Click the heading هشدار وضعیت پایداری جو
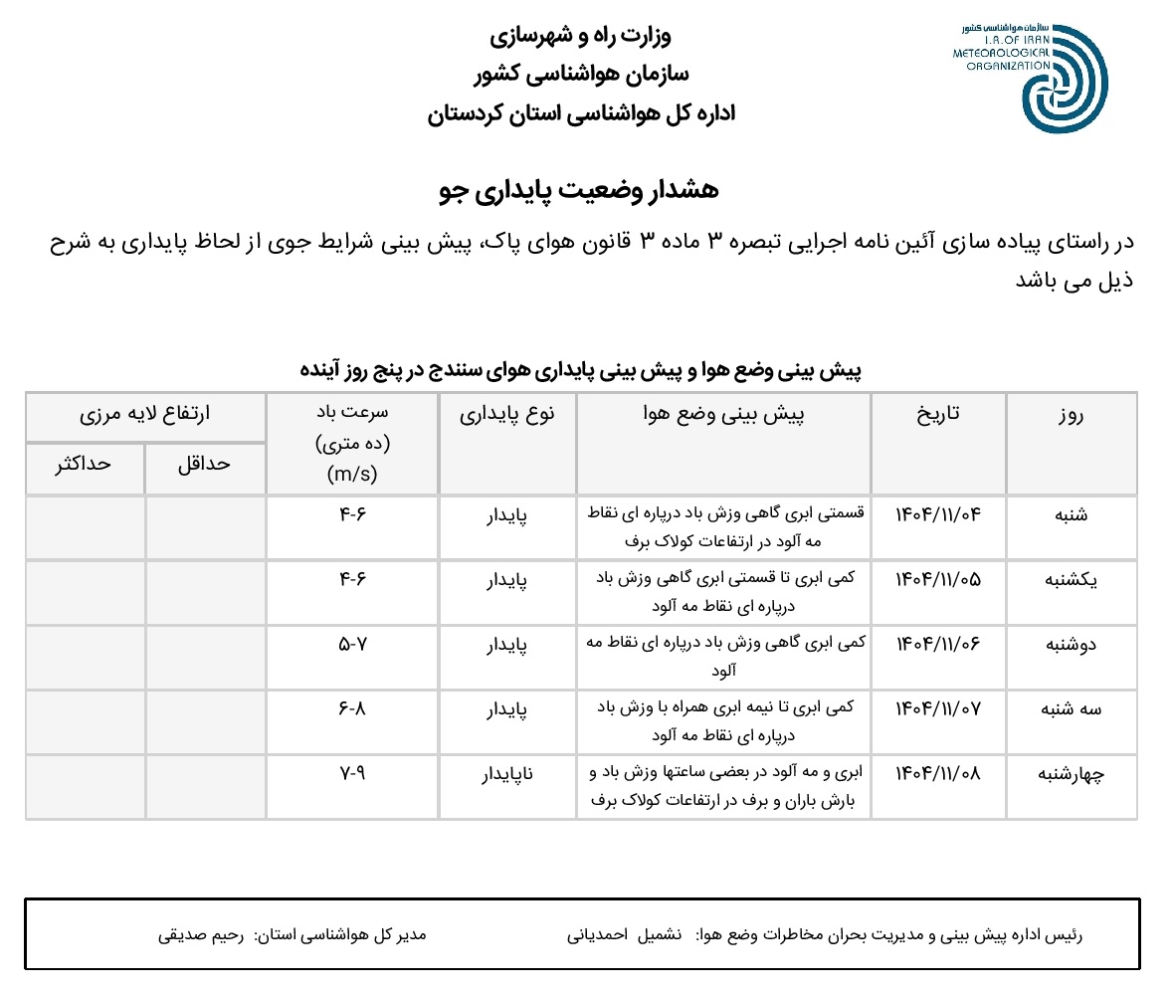tap(578, 190)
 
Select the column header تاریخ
tap(938, 414)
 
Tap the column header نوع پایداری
tap(506, 414)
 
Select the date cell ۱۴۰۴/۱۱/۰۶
tap(938, 644)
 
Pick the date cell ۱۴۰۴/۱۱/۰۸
tap(938, 773)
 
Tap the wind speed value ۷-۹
tap(352, 773)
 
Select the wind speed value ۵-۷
tap(352, 644)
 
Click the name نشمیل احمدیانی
tap(623, 935)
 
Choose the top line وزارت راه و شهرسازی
tap(580, 36)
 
